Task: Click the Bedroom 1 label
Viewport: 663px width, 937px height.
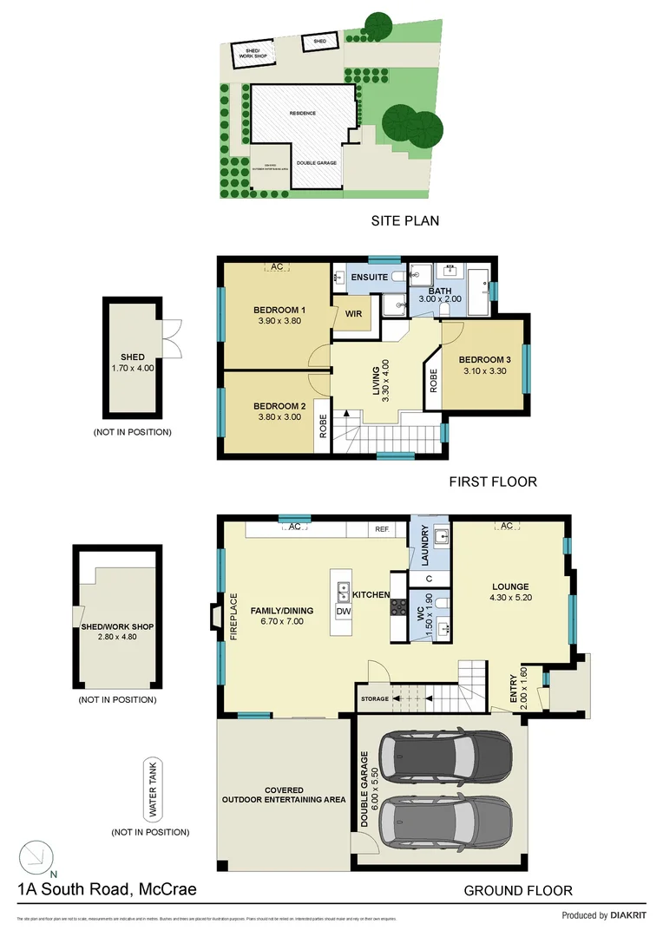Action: tap(279, 311)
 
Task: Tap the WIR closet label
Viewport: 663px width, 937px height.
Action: tap(353, 313)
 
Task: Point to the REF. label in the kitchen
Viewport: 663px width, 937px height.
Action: tap(382, 527)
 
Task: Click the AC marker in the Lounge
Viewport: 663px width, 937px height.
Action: tap(505, 526)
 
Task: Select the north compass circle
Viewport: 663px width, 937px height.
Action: tap(36, 857)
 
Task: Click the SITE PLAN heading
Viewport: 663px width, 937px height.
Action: tap(404, 220)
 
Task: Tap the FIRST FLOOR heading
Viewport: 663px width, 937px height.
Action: tap(492, 482)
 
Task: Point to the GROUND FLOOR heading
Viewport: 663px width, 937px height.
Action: tap(517, 890)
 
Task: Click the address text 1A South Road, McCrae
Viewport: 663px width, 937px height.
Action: tap(108, 889)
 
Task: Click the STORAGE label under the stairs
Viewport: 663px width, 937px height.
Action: tap(374, 698)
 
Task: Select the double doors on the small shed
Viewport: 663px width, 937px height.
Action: tap(173, 338)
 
